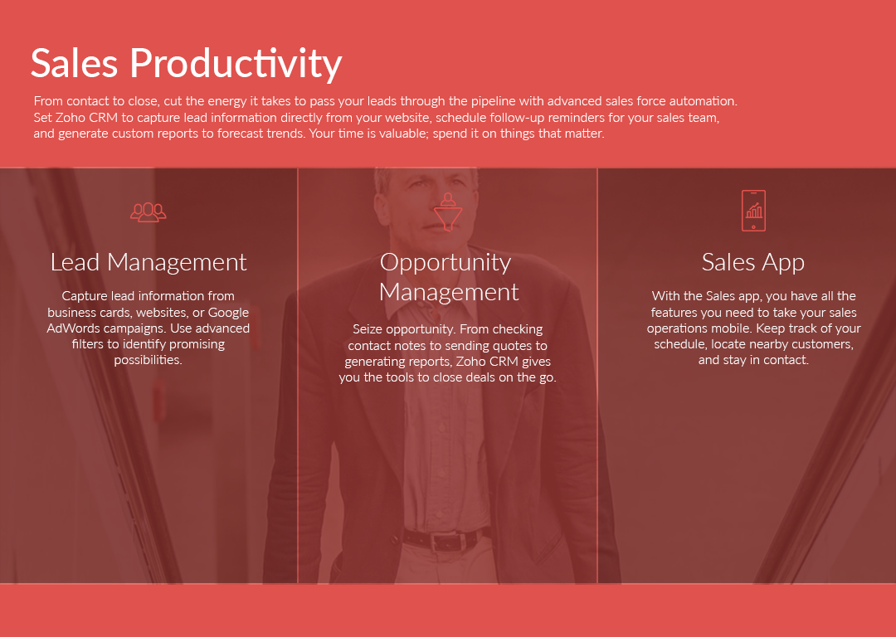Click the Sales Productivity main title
click(187, 64)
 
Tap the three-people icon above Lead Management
click(148, 212)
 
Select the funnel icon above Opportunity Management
click(448, 212)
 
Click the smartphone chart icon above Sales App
click(753, 211)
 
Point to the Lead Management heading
click(149, 262)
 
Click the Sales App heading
click(753, 263)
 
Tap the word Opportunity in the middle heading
click(446, 263)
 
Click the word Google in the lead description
click(228, 313)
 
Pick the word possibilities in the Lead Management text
click(148, 360)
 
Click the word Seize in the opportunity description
click(368, 329)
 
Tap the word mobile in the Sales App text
click(733, 328)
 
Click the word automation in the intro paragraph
click(704, 101)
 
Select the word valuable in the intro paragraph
click(397, 134)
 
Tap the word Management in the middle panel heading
click(449, 293)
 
